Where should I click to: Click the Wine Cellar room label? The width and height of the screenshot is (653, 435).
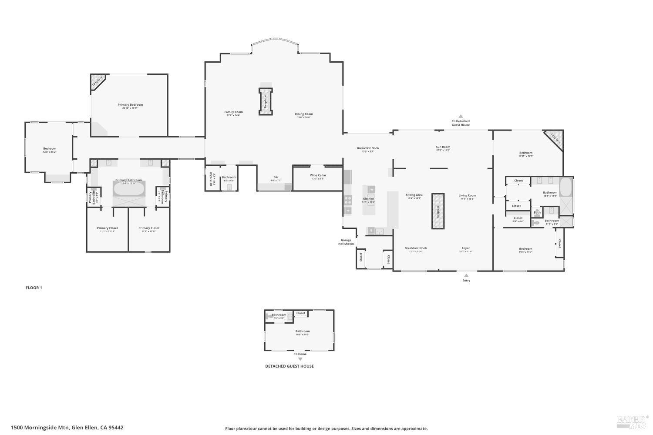point(318,175)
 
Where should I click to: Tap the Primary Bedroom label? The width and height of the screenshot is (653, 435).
point(130,105)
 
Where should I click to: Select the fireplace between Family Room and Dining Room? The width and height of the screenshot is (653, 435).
point(265,102)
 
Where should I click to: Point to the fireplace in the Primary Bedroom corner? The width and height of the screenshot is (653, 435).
point(97,81)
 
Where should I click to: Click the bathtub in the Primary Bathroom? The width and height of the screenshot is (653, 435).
point(129,189)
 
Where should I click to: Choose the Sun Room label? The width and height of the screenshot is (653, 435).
point(443,147)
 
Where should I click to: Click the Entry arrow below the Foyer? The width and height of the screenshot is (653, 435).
point(466,275)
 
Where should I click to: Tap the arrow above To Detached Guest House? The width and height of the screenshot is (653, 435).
point(461,116)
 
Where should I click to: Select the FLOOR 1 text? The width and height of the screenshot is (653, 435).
point(34,288)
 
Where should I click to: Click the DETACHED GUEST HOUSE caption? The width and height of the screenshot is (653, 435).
point(289,366)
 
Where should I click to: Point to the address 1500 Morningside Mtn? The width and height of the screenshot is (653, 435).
point(67,428)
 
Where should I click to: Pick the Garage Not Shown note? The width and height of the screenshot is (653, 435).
point(346,242)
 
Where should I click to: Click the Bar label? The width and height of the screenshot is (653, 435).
point(276,177)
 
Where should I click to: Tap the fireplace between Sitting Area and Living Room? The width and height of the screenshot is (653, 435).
point(438,211)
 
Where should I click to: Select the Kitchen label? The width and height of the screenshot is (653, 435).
point(368,199)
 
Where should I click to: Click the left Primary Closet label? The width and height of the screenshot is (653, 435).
point(107,228)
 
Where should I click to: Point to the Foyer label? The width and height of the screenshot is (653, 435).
point(466,248)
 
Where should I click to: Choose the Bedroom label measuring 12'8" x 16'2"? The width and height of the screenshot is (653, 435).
point(50,149)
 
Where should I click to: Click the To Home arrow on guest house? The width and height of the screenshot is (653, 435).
point(300,359)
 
